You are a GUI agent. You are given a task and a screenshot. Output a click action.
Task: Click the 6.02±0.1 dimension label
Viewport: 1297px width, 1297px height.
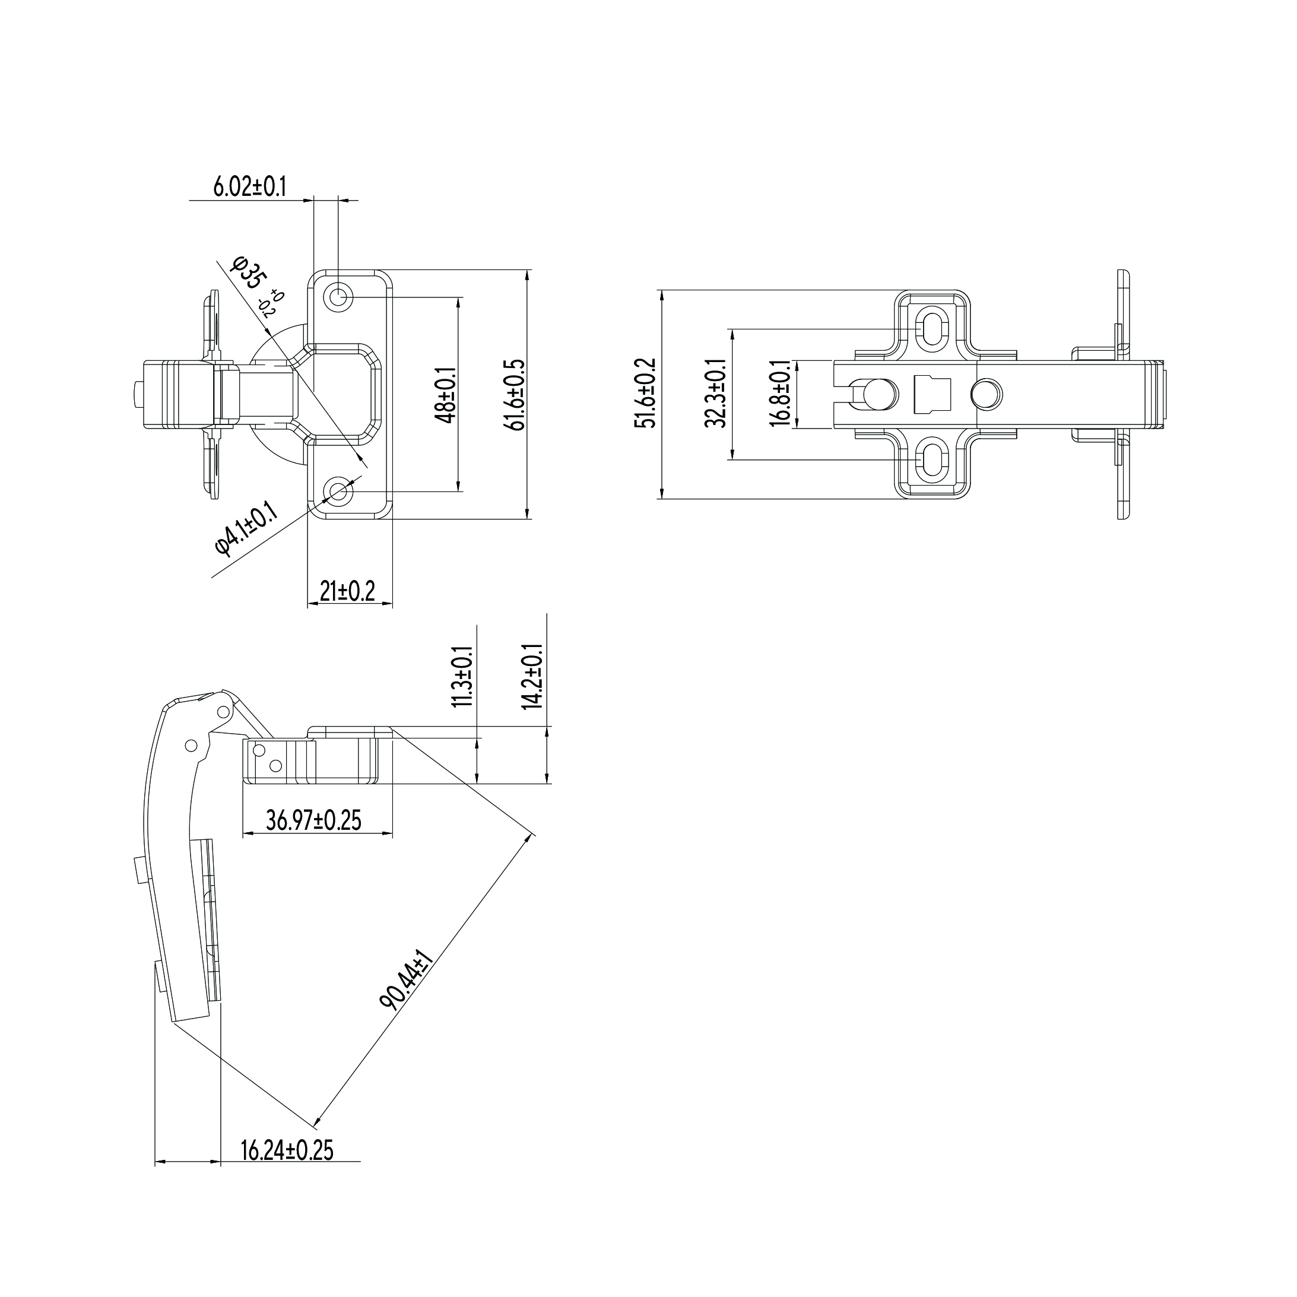coord(250,186)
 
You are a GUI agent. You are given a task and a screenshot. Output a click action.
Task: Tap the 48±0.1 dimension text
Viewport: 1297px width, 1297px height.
coord(446,395)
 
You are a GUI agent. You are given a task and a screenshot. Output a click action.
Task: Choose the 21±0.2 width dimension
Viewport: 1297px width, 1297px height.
coord(347,591)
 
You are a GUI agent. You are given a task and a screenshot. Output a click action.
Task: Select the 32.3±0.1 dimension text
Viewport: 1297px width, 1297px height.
coord(715,394)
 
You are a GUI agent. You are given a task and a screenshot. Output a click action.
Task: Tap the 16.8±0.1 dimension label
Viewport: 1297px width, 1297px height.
coord(781,394)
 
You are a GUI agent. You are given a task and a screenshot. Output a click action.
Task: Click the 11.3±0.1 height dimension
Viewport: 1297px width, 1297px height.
coord(462,677)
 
